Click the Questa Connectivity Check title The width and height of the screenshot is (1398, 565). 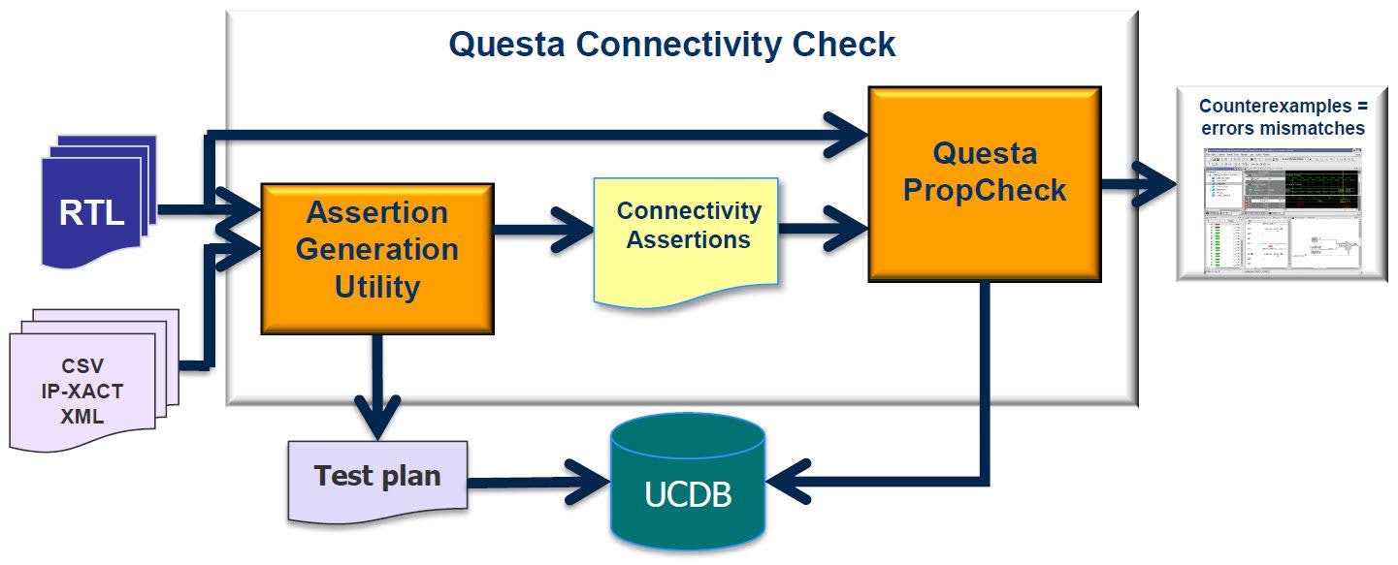(671, 44)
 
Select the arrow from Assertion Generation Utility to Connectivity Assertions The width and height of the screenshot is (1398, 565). (543, 231)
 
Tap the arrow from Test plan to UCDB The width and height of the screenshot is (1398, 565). (538, 478)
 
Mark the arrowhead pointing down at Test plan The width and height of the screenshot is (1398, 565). (377, 422)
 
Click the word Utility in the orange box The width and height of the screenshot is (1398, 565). (377, 288)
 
